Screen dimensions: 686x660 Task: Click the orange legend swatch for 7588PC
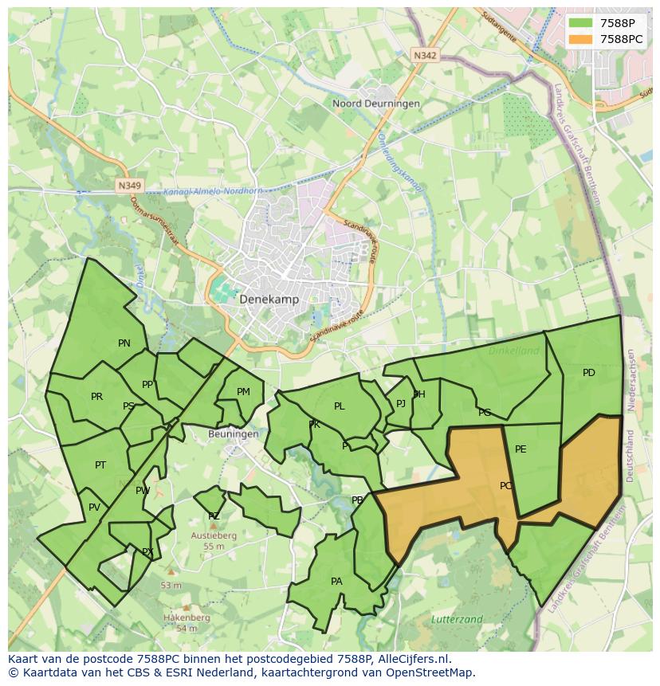(x=581, y=39)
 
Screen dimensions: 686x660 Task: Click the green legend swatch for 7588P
(x=581, y=23)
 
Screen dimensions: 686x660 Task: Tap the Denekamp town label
(x=269, y=299)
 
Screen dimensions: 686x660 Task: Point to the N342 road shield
(x=425, y=56)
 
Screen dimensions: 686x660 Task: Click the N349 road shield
(x=128, y=186)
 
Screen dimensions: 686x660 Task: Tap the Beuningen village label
(x=233, y=434)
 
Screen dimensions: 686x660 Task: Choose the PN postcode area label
(x=124, y=343)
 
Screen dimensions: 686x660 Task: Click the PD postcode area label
(x=588, y=373)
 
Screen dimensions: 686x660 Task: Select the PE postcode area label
(x=521, y=449)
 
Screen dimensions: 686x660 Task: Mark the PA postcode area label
(x=336, y=582)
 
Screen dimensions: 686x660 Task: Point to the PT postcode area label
(x=100, y=465)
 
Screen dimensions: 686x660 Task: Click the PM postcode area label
(x=243, y=391)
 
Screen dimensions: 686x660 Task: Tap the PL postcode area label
(x=340, y=406)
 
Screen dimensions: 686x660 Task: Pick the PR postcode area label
(x=96, y=397)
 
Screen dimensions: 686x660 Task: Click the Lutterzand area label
(x=457, y=619)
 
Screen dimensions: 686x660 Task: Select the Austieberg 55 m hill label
(x=213, y=541)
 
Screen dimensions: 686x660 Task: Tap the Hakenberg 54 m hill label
(x=186, y=622)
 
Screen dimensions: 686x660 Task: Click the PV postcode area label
(x=94, y=508)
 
